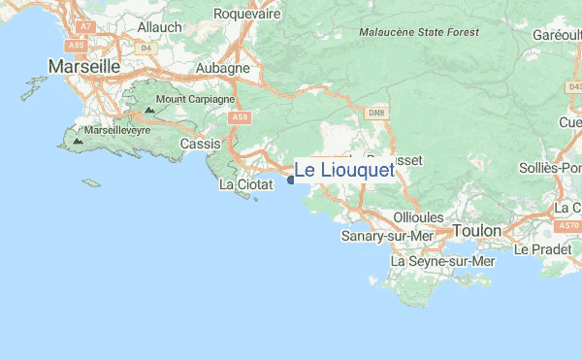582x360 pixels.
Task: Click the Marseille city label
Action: tap(83, 67)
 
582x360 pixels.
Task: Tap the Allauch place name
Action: tap(159, 28)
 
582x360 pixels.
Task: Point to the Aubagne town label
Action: tap(223, 69)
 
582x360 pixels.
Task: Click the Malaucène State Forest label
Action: tap(425, 31)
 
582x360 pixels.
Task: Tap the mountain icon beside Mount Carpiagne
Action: tap(149, 110)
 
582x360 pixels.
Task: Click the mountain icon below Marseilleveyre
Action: tap(78, 141)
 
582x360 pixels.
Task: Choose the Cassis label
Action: tap(200, 144)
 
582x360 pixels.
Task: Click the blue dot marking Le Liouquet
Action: tap(291, 180)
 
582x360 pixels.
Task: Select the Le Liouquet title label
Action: tap(344, 171)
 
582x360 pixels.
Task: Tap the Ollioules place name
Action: tap(419, 216)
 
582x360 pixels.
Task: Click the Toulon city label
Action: tap(476, 232)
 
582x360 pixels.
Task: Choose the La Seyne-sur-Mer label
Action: tap(442, 262)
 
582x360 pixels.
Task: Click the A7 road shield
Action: tap(84, 28)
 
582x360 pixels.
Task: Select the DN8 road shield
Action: tap(376, 114)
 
